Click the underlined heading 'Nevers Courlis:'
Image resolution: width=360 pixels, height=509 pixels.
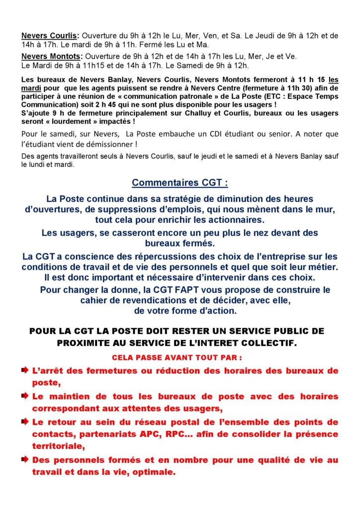(50, 36)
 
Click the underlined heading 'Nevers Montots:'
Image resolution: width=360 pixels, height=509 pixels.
(50, 56)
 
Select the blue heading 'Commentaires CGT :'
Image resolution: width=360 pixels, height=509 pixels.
(180, 183)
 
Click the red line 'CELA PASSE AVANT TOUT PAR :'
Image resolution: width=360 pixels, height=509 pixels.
(180, 357)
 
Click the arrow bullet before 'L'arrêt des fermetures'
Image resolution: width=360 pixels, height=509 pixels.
(25, 370)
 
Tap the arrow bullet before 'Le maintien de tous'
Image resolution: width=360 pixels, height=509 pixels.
(25, 396)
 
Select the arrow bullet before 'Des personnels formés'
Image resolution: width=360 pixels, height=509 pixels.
(25, 460)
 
